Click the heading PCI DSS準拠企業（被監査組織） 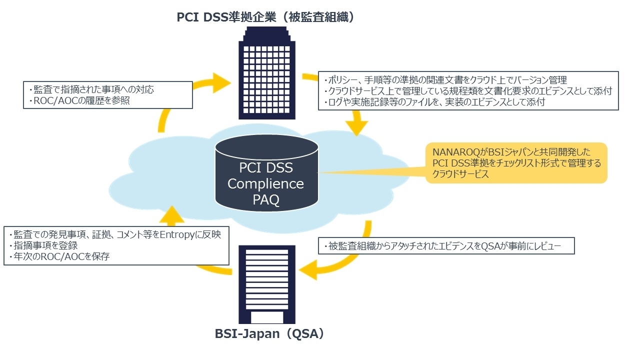pyautogui.click(x=265, y=17)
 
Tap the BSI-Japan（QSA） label pyautogui.click(x=269, y=333)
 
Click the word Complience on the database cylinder pyautogui.click(x=265, y=183)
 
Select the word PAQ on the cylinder pyautogui.click(x=266, y=199)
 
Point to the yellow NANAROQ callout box pyautogui.click(x=516, y=163)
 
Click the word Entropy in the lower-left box pyautogui.click(x=177, y=235)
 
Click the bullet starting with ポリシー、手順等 pyautogui.click(x=445, y=79)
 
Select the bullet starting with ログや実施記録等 pyautogui.click(x=434, y=101)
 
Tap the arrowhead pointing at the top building pyautogui.click(x=221, y=83)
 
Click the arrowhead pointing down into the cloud pyautogui.click(x=356, y=128)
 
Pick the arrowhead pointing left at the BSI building pyautogui.click(x=308, y=270)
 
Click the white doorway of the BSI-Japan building pyautogui.click(x=267, y=317)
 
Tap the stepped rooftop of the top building pyautogui.click(x=267, y=34)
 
